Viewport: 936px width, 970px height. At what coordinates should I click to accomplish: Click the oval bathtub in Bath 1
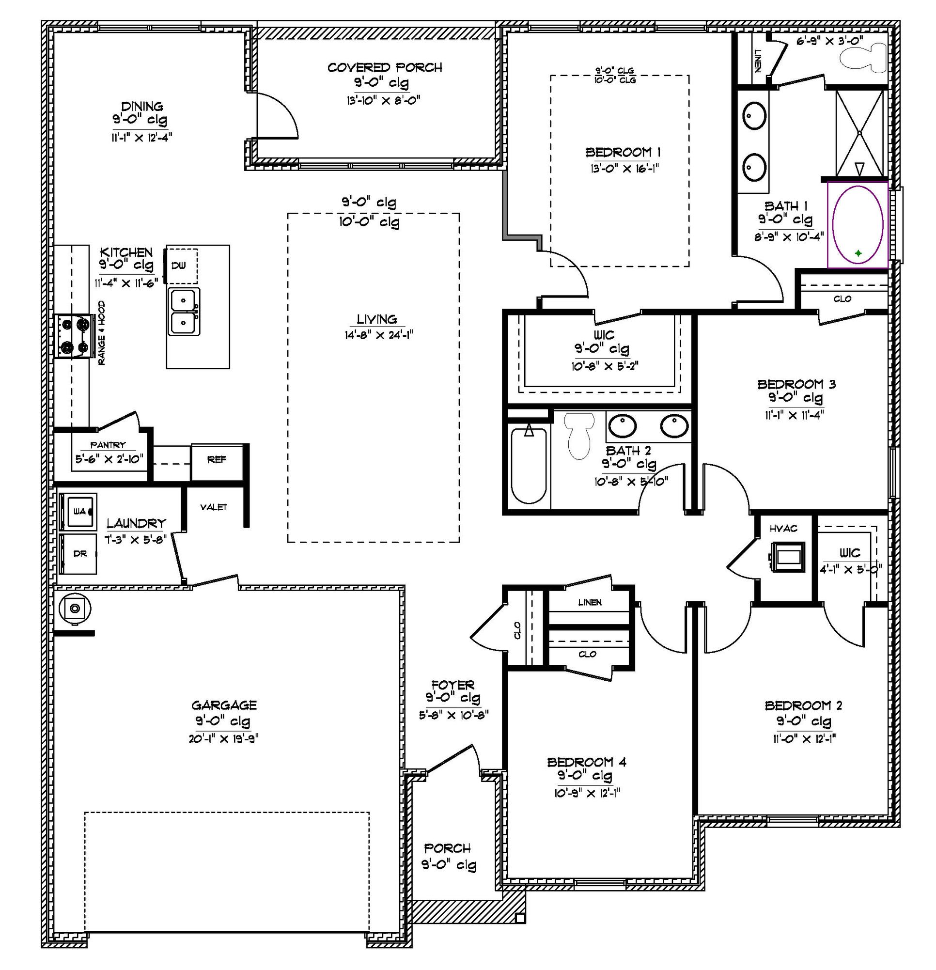[x=858, y=225]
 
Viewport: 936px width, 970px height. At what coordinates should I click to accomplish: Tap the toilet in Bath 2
[x=579, y=434]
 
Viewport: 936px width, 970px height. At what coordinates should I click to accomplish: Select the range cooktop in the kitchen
[x=74, y=337]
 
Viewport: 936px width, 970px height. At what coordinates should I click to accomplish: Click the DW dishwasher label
[x=179, y=266]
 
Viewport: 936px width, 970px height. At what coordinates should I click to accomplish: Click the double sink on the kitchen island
[x=184, y=312]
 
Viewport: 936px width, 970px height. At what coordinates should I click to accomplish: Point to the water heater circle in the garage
[x=74, y=608]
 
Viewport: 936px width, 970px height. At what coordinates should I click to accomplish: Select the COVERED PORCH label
[x=385, y=67]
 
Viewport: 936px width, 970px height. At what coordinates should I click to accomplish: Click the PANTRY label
[x=108, y=445]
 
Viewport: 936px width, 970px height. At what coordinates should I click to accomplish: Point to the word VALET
[x=213, y=507]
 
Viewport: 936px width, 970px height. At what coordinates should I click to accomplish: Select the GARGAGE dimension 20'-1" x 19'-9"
[x=224, y=739]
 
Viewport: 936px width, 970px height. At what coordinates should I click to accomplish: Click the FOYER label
[x=452, y=685]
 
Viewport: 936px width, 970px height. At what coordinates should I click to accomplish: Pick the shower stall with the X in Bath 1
[x=859, y=133]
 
